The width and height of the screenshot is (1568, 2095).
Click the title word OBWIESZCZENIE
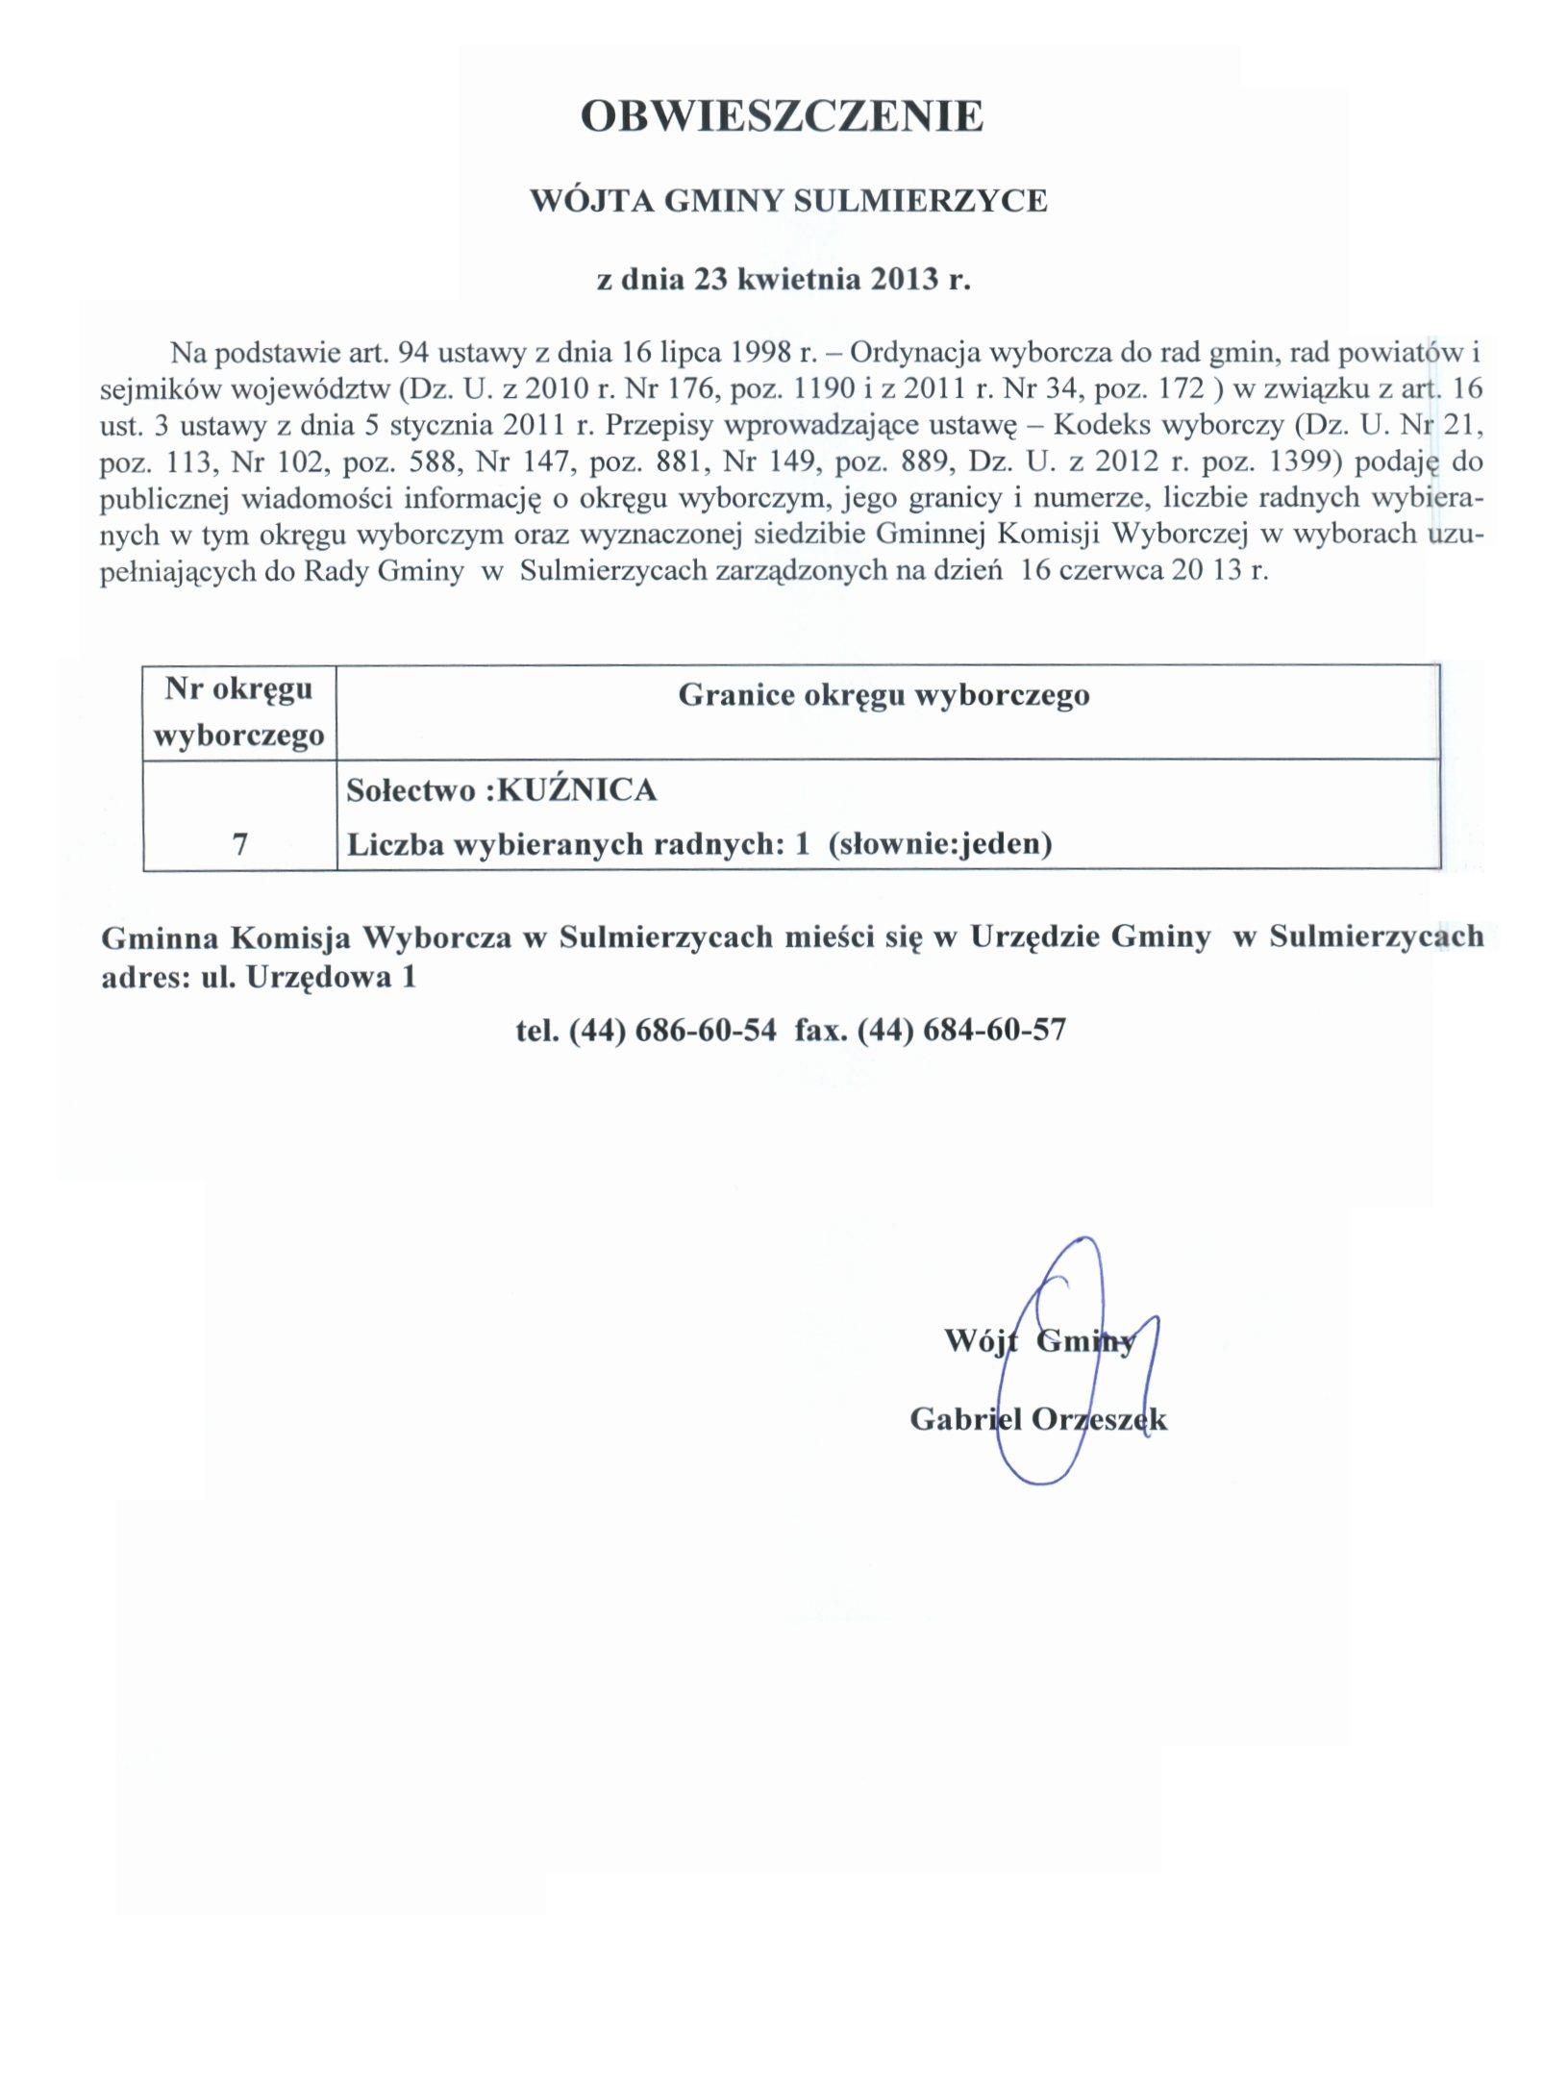tap(783, 116)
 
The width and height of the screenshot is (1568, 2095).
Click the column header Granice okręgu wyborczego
tap(884, 695)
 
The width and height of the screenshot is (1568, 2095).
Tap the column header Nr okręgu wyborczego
tap(239, 712)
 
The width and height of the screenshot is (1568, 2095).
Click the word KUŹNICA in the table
tap(579, 790)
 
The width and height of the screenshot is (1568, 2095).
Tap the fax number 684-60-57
tap(994, 1031)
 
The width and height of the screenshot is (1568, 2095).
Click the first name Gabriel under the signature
tap(965, 1419)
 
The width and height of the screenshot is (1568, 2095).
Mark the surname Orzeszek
tap(1099, 1419)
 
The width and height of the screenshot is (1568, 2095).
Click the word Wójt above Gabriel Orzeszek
tap(982, 1340)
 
